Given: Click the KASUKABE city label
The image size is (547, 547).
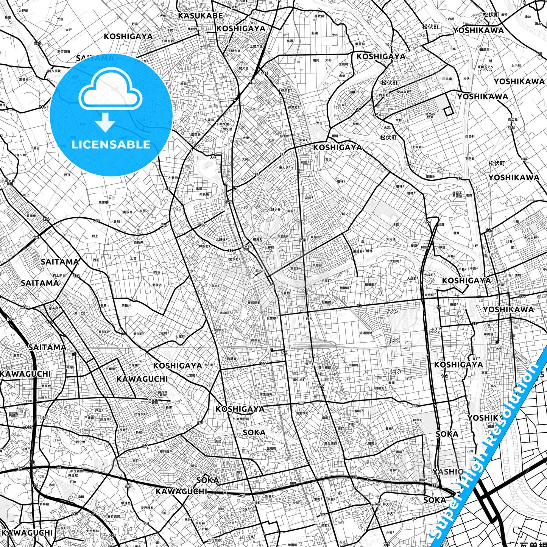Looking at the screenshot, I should (200, 16).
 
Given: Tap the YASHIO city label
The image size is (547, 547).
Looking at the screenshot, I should (448, 472).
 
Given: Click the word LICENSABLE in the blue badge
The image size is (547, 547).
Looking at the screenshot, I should (111, 145).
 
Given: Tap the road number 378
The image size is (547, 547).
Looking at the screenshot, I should (511, 128).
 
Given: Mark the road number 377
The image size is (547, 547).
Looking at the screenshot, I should (522, 296).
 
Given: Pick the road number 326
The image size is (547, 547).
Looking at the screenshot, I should (489, 230).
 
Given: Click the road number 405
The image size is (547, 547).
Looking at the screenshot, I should (201, 224).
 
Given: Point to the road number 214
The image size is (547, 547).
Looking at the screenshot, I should (42, 107).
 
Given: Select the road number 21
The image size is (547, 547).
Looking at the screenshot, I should (540, 54).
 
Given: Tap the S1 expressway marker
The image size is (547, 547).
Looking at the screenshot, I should (93, 514).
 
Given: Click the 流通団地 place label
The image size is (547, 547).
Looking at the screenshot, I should (366, 333).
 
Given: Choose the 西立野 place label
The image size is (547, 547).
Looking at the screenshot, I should (81, 442).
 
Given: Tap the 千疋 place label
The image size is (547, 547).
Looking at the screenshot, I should (409, 379).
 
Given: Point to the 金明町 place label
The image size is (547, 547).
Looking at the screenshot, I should (271, 448).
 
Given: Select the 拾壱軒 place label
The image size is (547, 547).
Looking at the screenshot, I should (469, 136).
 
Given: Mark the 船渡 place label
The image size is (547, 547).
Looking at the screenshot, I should (315, 33).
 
